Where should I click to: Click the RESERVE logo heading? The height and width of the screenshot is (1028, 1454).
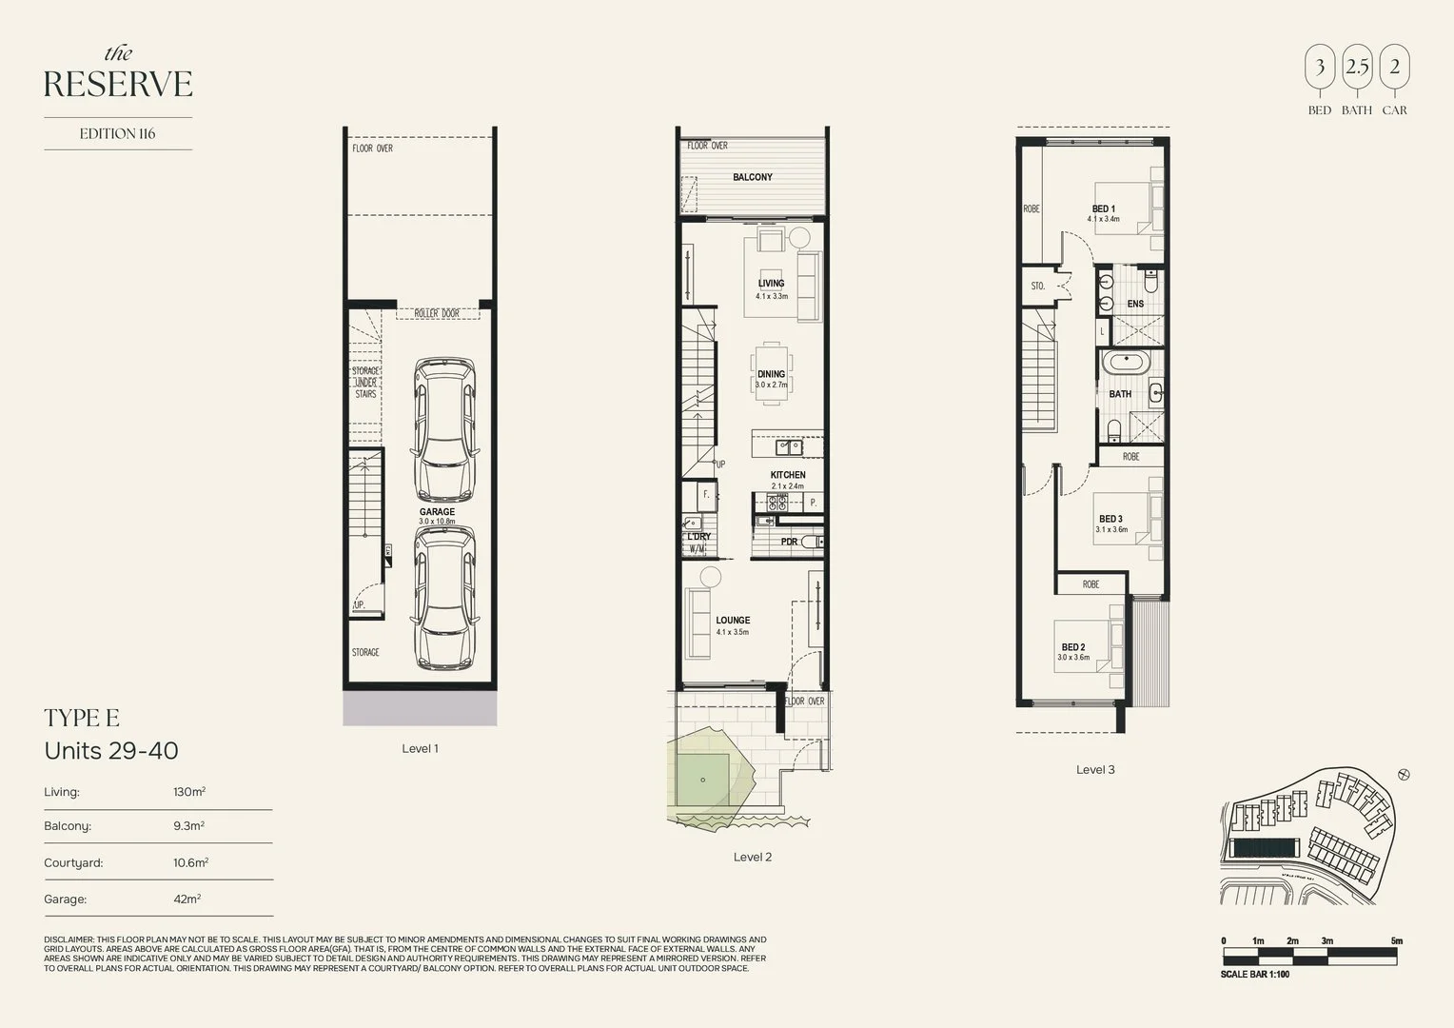(118, 83)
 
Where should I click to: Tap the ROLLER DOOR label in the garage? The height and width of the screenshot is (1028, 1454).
(437, 313)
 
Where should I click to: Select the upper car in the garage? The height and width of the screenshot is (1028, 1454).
(443, 429)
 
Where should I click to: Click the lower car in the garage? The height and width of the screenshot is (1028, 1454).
(443, 599)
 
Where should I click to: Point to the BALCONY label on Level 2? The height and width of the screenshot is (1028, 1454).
(753, 178)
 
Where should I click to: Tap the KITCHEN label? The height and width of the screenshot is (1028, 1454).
(788, 475)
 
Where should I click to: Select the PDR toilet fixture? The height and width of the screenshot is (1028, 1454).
(811, 543)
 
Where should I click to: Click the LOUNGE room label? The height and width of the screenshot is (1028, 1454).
(733, 621)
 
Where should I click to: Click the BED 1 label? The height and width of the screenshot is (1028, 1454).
(1103, 208)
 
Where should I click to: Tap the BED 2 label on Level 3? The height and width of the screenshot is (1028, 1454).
(1072, 647)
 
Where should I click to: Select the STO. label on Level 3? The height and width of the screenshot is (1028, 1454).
(1037, 286)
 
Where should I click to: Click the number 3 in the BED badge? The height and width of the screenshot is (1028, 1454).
(1320, 68)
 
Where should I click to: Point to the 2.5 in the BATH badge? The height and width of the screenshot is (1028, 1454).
(1357, 68)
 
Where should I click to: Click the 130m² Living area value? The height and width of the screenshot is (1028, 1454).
(189, 792)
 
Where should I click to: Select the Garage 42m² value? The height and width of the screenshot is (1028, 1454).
(187, 899)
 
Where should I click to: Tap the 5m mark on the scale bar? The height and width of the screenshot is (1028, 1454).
(1396, 941)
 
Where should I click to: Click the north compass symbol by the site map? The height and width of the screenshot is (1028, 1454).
(1405, 774)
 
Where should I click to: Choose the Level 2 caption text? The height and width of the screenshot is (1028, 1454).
(753, 857)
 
